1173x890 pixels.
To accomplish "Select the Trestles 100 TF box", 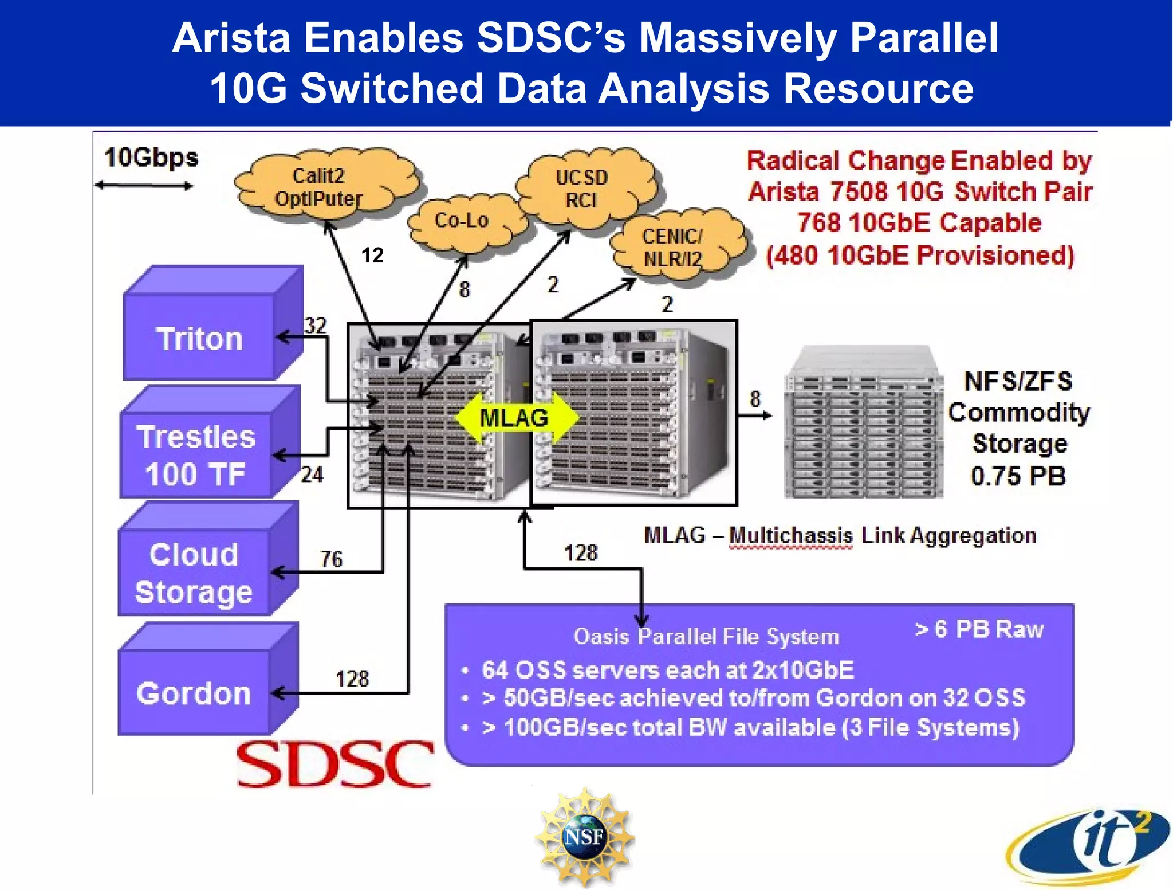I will coord(196,455).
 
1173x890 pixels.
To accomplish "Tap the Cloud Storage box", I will coord(194,573).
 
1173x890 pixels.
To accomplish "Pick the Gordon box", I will coord(194,693).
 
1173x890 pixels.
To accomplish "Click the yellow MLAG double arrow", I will coord(514,418).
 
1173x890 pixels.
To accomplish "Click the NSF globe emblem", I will coord(584,837).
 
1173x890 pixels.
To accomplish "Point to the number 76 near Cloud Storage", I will coord(331,559).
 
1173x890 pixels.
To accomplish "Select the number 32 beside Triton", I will coord(315,325).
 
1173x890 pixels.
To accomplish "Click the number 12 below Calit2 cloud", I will coord(372,255).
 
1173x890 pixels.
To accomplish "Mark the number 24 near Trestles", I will coord(312,475).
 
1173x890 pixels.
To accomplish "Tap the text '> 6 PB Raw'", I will coord(979,629).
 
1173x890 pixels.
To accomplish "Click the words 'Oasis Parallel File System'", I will coord(706,636).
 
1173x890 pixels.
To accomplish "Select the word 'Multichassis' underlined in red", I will coord(790,535).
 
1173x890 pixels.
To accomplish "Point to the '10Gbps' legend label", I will coord(151,157).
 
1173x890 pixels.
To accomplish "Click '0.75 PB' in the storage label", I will coord(1018,476).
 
